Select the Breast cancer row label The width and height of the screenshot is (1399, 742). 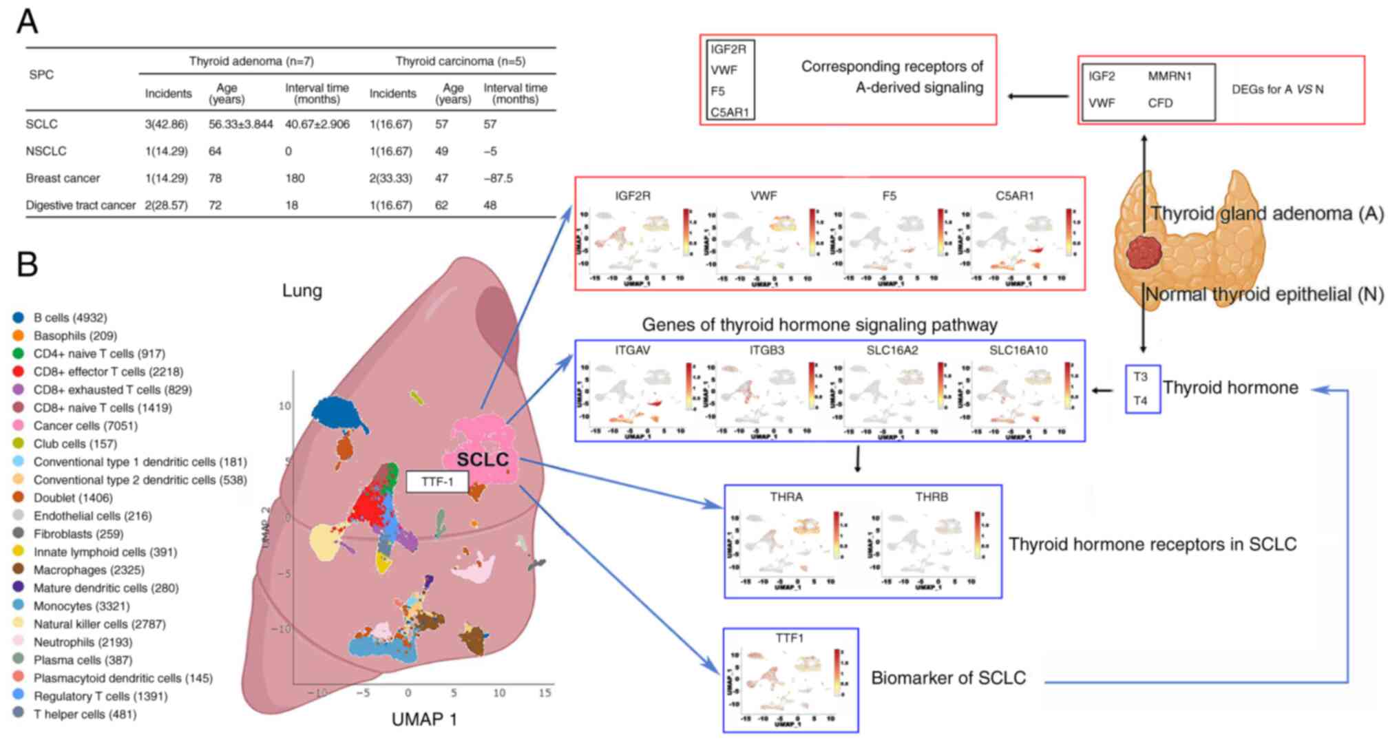(x=63, y=178)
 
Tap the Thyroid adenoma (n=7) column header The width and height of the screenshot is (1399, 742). (x=251, y=61)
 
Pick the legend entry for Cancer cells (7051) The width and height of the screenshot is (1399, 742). (x=85, y=426)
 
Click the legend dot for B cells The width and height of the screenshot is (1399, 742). (x=19, y=318)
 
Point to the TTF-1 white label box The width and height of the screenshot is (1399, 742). (x=437, y=482)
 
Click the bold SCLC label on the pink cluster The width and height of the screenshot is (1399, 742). (x=483, y=460)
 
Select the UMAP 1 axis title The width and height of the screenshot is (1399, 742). (x=423, y=719)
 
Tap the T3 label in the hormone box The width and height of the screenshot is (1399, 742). (x=1141, y=377)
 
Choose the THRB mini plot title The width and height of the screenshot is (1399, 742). (x=932, y=497)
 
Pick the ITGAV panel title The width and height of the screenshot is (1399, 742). (x=633, y=350)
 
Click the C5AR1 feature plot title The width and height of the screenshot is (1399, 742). (x=1014, y=196)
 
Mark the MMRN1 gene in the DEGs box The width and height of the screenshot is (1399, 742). (x=1169, y=76)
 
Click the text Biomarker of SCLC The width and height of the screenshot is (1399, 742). (x=948, y=678)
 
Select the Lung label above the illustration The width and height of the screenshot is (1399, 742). (x=302, y=290)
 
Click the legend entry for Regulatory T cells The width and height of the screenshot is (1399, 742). (x=101, y=697)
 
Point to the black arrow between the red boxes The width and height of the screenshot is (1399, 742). (x=1038, y=96)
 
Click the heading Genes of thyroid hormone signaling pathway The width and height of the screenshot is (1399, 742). (x=819, y=325)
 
